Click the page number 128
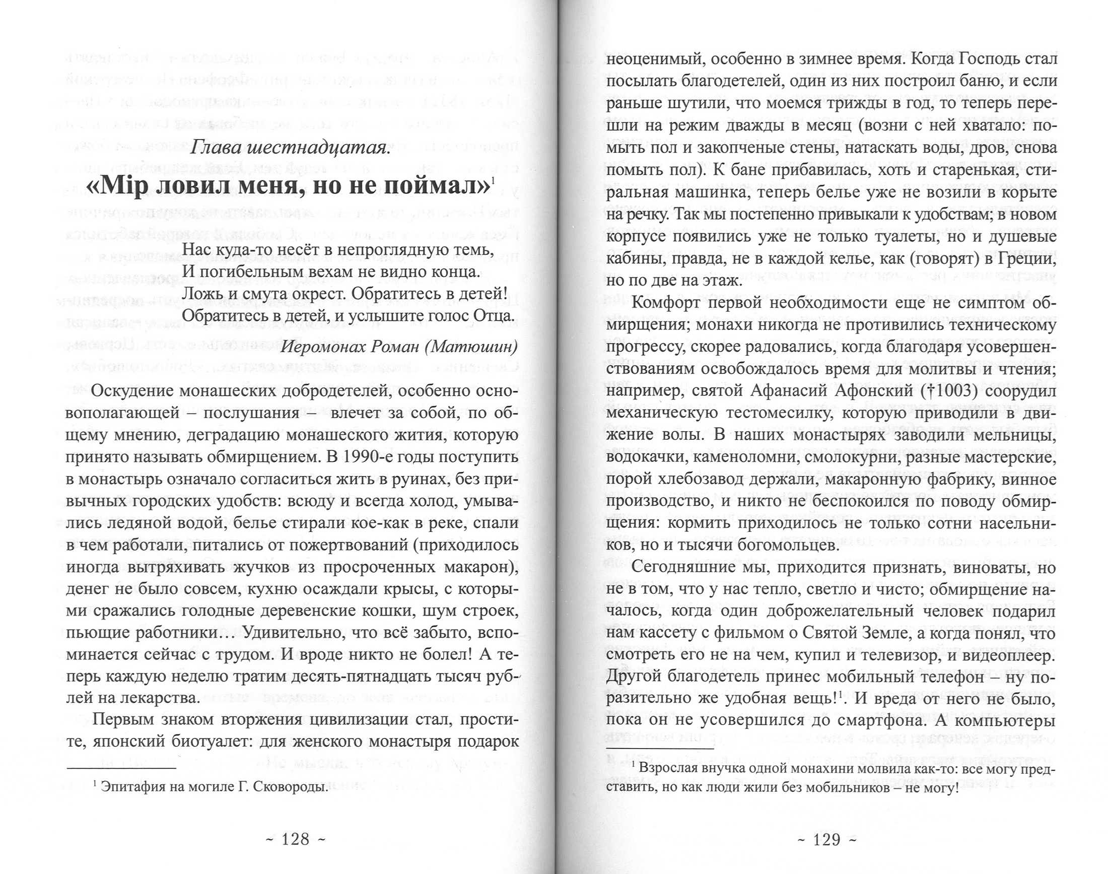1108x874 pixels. point(296,840)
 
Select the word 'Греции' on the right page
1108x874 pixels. point(1022,259)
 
